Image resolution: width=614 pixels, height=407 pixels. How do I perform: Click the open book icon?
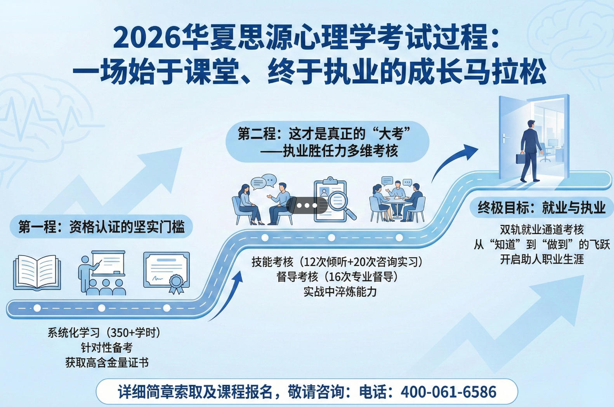37,272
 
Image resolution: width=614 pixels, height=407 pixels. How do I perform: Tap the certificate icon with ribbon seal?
167,272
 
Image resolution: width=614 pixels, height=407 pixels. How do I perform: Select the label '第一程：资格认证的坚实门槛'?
101,227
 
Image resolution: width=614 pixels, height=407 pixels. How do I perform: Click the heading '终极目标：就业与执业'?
541,208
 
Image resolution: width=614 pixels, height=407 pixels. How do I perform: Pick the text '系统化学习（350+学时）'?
104,333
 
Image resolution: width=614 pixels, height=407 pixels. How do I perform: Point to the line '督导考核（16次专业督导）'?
337,277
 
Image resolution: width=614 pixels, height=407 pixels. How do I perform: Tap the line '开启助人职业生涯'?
541,259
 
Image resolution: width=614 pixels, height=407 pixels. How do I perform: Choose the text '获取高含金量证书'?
107,363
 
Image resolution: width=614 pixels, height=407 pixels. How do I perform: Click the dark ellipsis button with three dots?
307,205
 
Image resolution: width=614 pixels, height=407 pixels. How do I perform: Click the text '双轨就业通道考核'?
541,230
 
